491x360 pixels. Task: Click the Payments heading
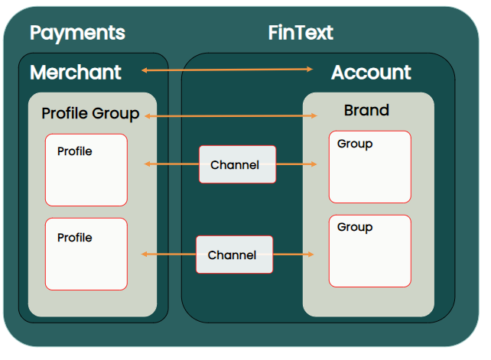point(77,33)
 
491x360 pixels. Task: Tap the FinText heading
point(301,33)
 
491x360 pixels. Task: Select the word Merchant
point(76,73)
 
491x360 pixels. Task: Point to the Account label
point(371,73)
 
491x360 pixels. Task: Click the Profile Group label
point(90,114)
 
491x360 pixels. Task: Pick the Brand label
point(366,111)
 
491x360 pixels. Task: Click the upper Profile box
point(86,170)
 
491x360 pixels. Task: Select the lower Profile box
point(86,254)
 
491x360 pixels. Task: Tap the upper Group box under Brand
point(370,167)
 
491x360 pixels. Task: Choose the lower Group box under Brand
point(370,251)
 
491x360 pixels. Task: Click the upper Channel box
point(237,164)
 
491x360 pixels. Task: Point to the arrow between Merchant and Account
point(227,70)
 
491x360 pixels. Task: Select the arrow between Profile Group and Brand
point(230,116)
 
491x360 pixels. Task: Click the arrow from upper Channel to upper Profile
point(171,164)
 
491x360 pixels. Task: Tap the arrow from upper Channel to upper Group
point(296,164)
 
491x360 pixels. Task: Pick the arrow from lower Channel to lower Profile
point(169,254)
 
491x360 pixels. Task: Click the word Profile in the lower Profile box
point(75,238)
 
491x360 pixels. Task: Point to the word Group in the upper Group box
point(355,144)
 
